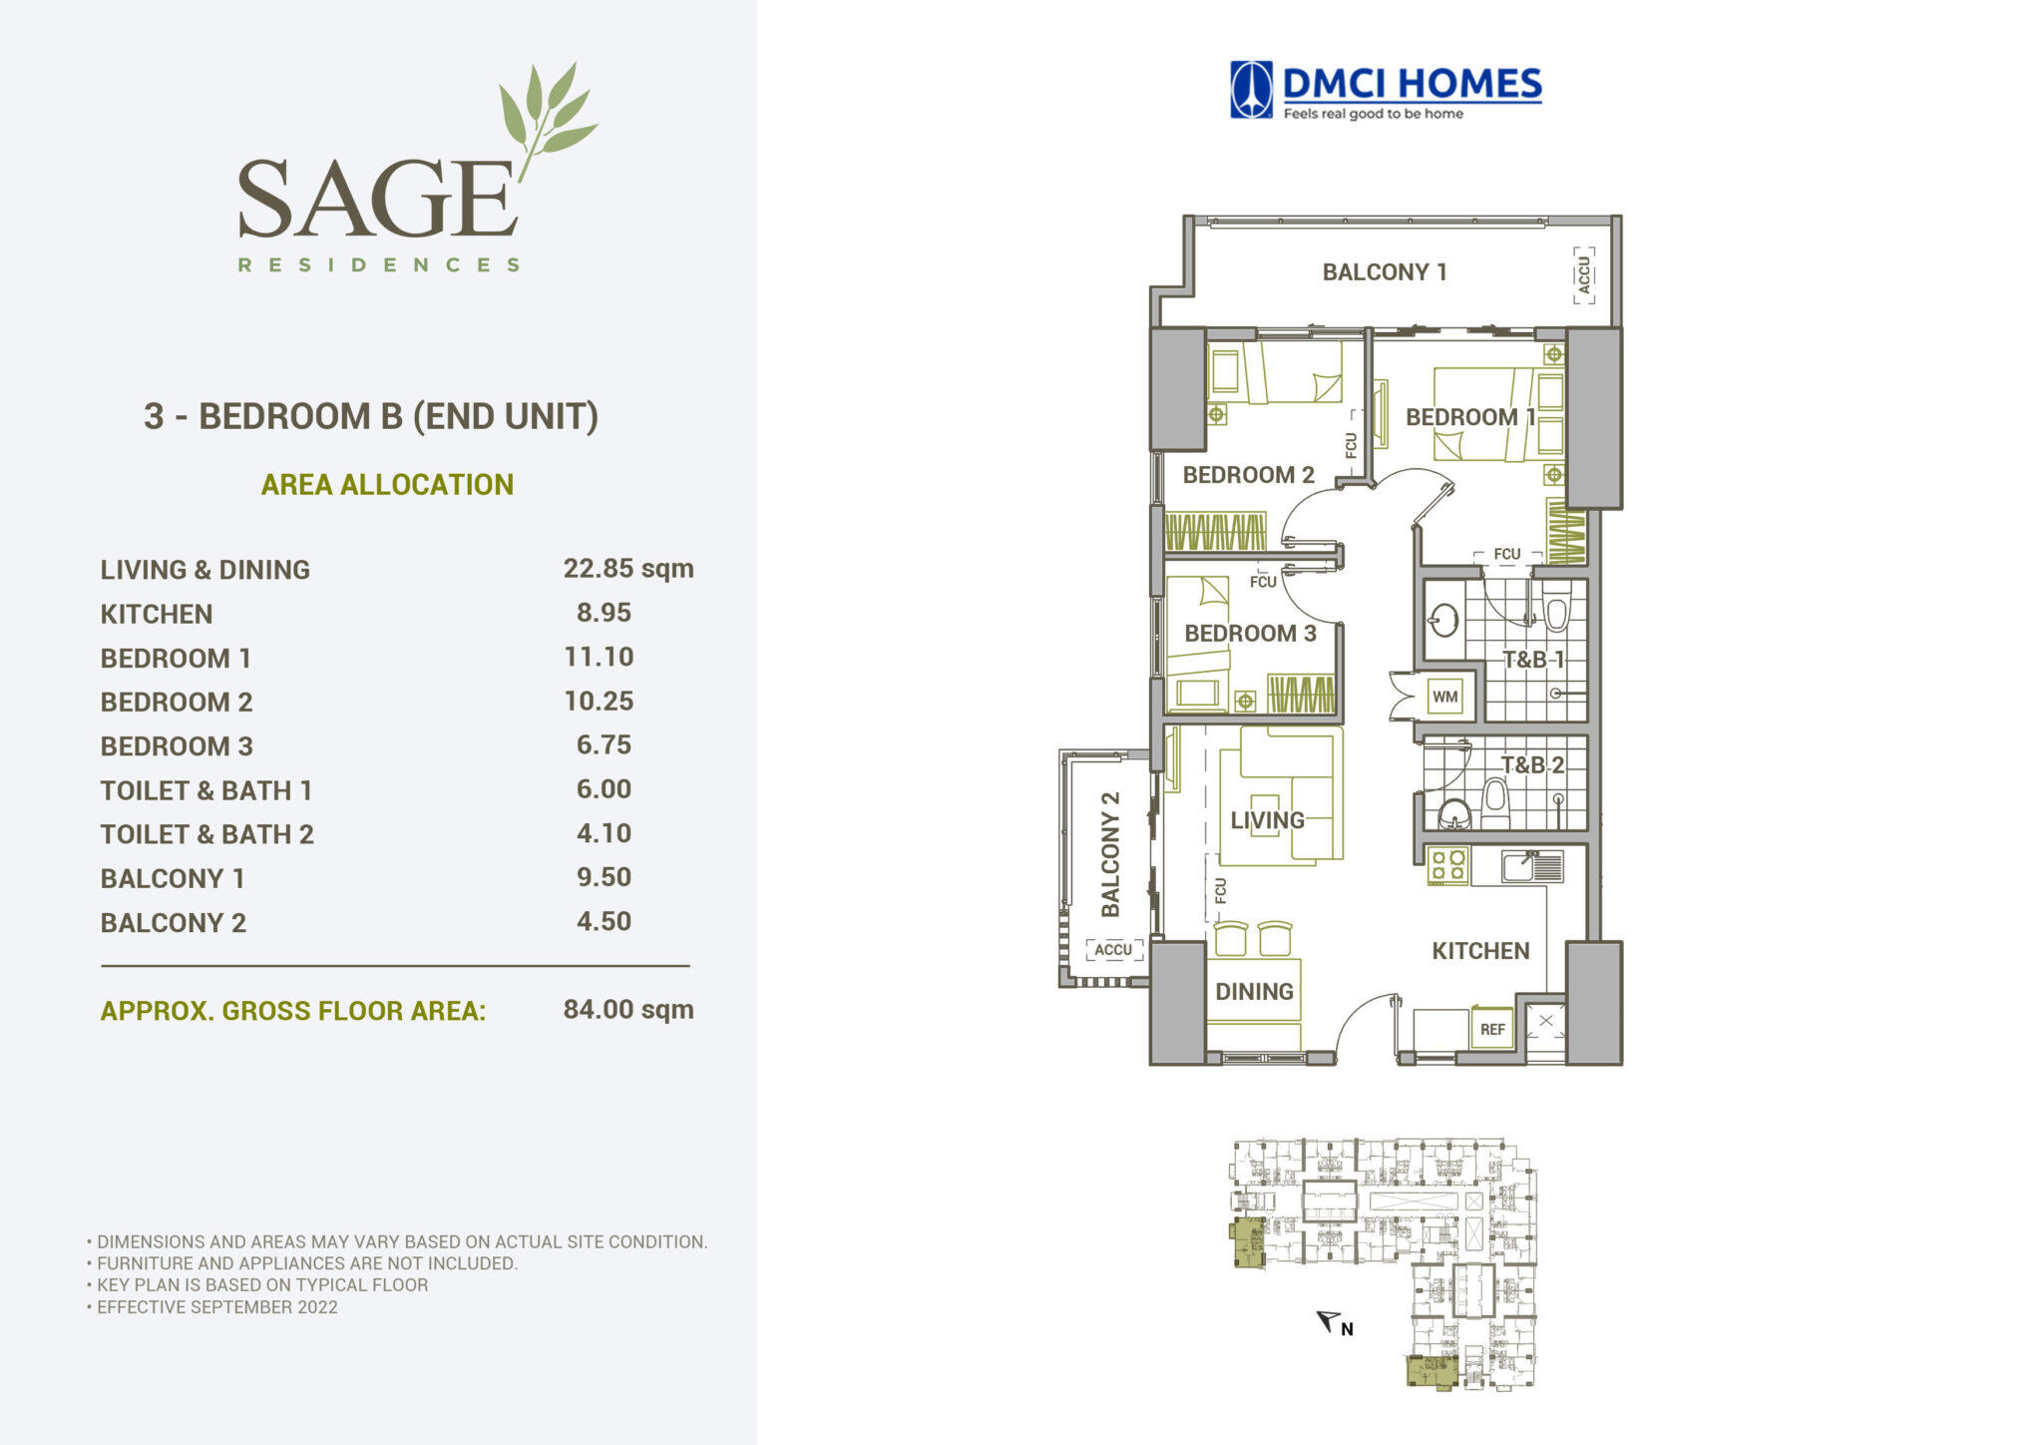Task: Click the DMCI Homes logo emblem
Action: [x=1251, y=90]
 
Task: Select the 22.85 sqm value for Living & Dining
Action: [x=628, y=568]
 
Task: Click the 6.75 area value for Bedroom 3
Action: [x=604, y=744]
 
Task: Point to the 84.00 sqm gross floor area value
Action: [x=628, y=1009]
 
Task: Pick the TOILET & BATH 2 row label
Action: [x=206, y=834]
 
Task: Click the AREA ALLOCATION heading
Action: [x=387, y=484]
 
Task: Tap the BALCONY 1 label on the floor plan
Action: [x=1385, y=271]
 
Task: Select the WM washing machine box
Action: [x=1444, y=698]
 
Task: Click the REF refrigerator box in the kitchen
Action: [x=1492, y=1029]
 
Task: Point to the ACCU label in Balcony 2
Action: [x=1113, y=949]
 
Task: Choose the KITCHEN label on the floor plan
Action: [x=1480, y=951]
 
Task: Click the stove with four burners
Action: [x=1447, y=864]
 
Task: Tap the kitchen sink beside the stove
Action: [x=1531, y=865]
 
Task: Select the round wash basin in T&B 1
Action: [x=1443, y=621]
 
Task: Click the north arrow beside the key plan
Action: [x=1329, y=1321]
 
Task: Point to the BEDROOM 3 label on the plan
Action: [x=1250, y=633]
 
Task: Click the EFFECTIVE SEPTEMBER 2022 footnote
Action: [x=216, y=1307]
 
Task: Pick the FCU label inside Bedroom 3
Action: [x=1263, y=582]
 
